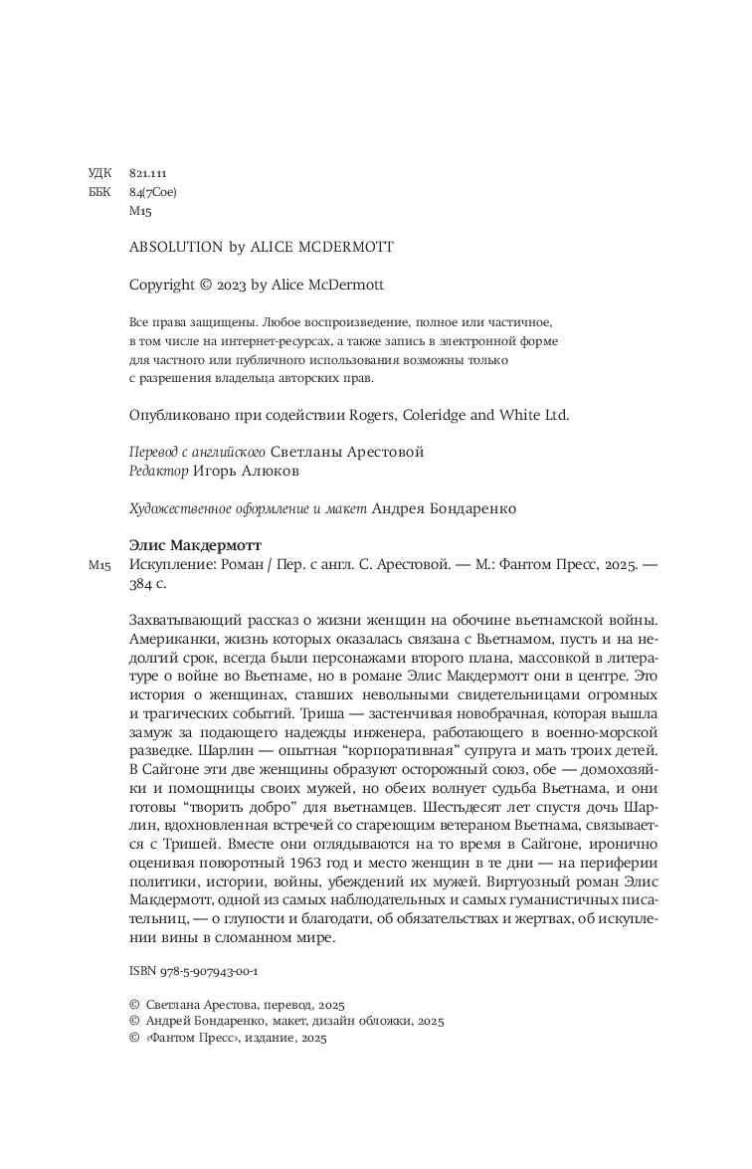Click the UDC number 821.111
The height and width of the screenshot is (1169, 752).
[147, 172]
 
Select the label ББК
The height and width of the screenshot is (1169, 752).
[100, 191]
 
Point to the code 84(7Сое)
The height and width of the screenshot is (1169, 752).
[153, 191]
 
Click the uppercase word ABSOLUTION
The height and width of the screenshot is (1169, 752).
[176, 248]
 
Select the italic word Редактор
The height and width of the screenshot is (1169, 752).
[159, 471]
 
